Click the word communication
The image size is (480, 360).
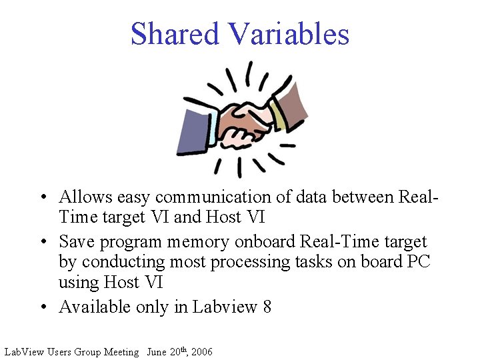(x=217, y=197)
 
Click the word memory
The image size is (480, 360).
(x=195, y=241)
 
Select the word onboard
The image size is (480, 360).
(x=263, y=241)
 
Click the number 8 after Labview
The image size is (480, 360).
(x=267, y=307)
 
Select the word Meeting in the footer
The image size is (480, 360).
(x=121, y=351)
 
